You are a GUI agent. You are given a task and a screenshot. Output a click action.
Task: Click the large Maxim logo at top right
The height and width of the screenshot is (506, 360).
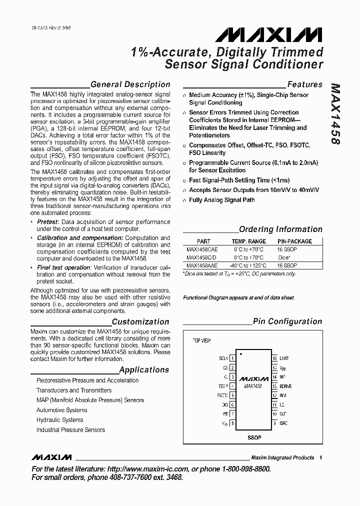[x=269, y=34]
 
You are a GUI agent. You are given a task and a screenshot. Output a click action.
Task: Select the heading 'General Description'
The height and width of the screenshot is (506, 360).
[x=130, y=84]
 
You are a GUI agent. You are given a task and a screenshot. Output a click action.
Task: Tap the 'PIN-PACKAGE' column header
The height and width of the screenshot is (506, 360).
[x=294, y=241]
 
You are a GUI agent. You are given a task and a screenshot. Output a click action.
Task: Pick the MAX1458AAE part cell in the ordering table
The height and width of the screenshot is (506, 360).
[x=202, y=265]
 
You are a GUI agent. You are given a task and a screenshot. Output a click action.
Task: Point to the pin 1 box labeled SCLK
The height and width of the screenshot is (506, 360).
[x=232, y=358]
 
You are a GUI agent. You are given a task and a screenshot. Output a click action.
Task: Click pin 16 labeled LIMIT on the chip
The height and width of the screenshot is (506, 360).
[x=274, y=358]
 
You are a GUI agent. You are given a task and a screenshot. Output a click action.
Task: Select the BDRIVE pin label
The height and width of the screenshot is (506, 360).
[x=285, y=386]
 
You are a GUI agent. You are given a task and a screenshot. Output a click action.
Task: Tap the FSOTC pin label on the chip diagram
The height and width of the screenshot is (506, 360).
[x=222, y=395]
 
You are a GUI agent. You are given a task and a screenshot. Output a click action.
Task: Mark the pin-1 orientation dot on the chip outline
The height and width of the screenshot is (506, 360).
[x=241, y=354]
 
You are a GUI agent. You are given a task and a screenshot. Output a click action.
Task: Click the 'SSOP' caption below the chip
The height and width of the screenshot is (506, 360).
[x=253, y=437]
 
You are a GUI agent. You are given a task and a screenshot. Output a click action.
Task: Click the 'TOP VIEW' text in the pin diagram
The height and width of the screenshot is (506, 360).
[x=202, y=340]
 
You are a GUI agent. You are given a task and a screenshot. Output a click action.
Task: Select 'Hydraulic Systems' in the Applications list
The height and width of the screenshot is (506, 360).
[x=59, y=420]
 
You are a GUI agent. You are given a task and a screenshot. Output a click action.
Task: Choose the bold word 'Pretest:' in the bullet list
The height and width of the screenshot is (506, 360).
[x=48, y=221]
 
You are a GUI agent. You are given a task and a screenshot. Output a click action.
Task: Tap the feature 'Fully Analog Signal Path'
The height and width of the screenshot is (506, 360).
[x=221, y=200]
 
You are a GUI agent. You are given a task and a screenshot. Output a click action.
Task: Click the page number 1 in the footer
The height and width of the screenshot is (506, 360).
[x=320, y=457]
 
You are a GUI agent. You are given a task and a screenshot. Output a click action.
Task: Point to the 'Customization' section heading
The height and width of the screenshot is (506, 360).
[x=140, y=322]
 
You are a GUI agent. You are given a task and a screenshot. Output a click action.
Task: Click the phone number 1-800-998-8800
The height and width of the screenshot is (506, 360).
[x=244, y=469]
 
